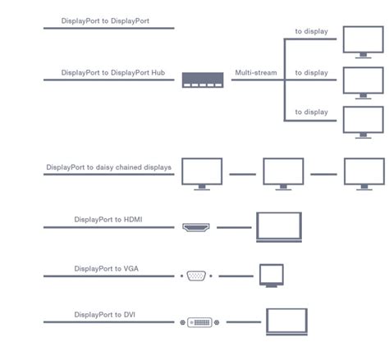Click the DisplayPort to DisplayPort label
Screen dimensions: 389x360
click(105, 21)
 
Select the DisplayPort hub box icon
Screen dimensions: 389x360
click(203, 80)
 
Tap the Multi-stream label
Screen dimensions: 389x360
click(256, 73)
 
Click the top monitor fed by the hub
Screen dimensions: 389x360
click(364, 42)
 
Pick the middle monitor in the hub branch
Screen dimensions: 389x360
click(364, 83)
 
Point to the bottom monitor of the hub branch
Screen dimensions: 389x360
click(364, 122)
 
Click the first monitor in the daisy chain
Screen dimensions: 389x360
click(202, 174)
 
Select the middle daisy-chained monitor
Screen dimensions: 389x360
click(283, 174)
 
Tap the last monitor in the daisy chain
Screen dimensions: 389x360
click(364, 174)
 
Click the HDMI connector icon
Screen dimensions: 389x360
click(196, 227)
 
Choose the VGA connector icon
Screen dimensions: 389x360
click(196, 276)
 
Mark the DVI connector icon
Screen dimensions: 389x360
click(199, 322)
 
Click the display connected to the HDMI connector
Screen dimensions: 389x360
click(279, 227)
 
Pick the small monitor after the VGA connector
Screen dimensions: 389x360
click(272, 276)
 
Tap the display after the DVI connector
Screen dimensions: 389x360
click(286, 321)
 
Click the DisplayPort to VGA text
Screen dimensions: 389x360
click(107, 269)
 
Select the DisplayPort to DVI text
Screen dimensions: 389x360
click(105, 315)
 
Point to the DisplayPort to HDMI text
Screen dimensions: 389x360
click(108, 220)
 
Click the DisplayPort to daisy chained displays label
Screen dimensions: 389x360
click(109, 167)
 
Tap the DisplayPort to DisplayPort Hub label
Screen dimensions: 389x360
click(113, 73)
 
